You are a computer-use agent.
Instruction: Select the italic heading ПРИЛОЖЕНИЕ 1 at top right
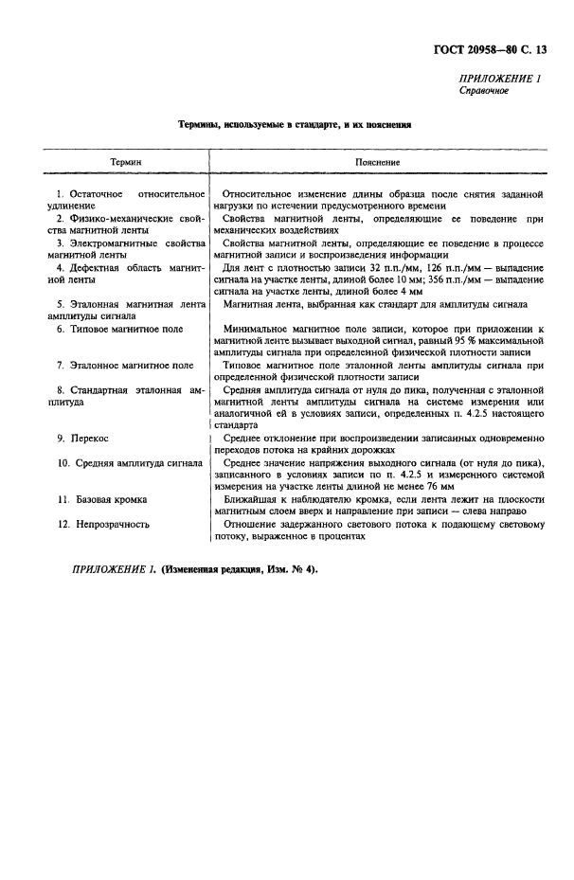499,80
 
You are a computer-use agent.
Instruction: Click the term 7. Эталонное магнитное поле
125,365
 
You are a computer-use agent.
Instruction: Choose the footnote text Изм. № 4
293,570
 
